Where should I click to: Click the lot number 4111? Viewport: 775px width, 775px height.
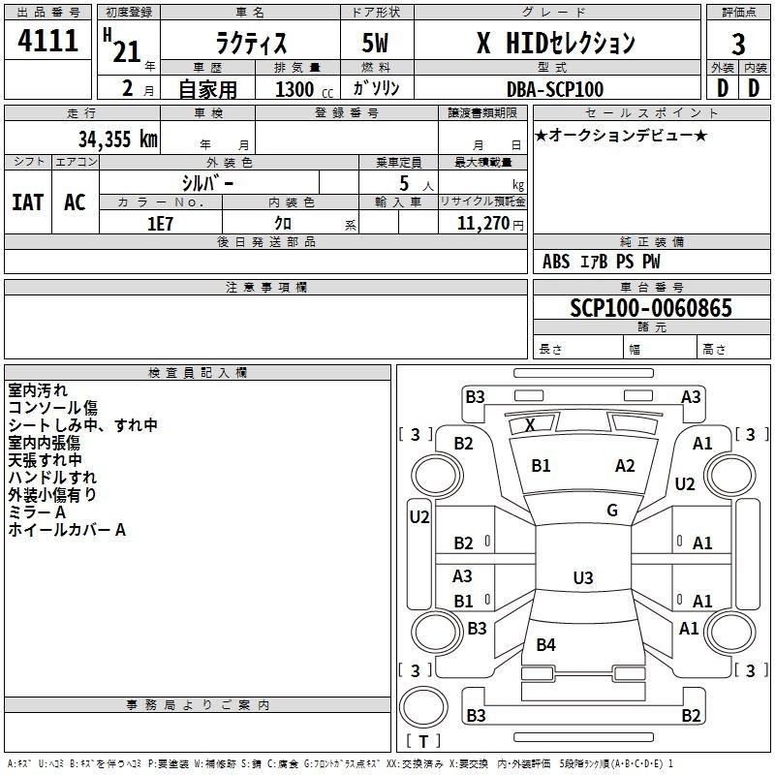coord(47,40)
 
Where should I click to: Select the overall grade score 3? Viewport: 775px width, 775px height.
coord(738,44)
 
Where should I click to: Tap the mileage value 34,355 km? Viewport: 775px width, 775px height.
coord(117,139)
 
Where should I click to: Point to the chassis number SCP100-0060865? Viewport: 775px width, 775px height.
coord(650,307)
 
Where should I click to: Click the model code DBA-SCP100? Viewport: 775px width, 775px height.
coord(555,89)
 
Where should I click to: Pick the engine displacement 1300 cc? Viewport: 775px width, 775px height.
coord(304,89)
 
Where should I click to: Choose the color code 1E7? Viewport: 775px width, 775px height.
coord(160,224)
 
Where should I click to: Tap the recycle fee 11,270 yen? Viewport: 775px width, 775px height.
coord(490,224)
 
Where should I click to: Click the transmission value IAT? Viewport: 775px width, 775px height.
coord(28,202)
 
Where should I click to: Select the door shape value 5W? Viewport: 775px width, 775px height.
coord(375,43)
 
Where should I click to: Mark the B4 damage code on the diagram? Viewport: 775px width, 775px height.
coord(545,644)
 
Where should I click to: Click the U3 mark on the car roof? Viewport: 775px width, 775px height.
coord(583,577)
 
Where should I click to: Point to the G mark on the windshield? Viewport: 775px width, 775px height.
coord(612,511)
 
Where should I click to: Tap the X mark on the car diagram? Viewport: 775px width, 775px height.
coord(530,424)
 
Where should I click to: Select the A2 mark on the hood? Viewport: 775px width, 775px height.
coord(625,466)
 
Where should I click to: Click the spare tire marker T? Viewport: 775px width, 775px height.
coord(423,741)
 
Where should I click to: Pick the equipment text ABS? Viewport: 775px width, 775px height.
coord(556,262)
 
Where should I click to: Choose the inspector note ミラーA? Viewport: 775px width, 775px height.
coord(37,512)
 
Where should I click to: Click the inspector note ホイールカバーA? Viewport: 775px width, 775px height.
coord(67,530)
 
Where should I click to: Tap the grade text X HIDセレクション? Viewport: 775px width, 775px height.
coord(556,43)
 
